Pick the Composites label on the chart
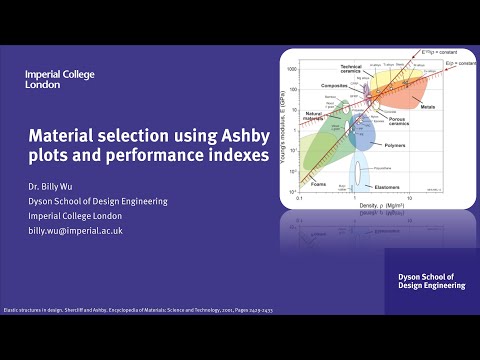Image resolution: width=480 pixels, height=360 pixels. (x=332, y=86)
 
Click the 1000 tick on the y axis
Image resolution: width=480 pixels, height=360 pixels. (x=293, y=70)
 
